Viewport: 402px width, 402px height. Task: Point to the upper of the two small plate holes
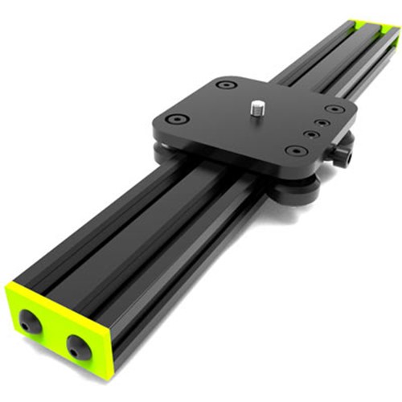(x=320, y=124)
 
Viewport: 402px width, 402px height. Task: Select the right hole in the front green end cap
(x=79, y=347)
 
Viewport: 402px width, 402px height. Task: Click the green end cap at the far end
(x=371, y=31)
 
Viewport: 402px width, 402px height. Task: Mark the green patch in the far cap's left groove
(x=355, y=27)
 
